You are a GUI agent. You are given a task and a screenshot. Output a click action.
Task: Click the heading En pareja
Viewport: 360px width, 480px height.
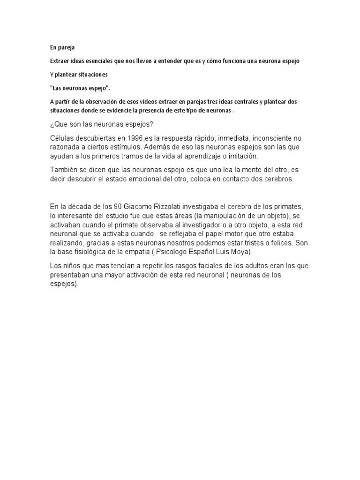(x=62, y=48)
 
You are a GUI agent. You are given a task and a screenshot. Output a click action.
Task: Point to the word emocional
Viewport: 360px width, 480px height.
(x=175, y=180)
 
